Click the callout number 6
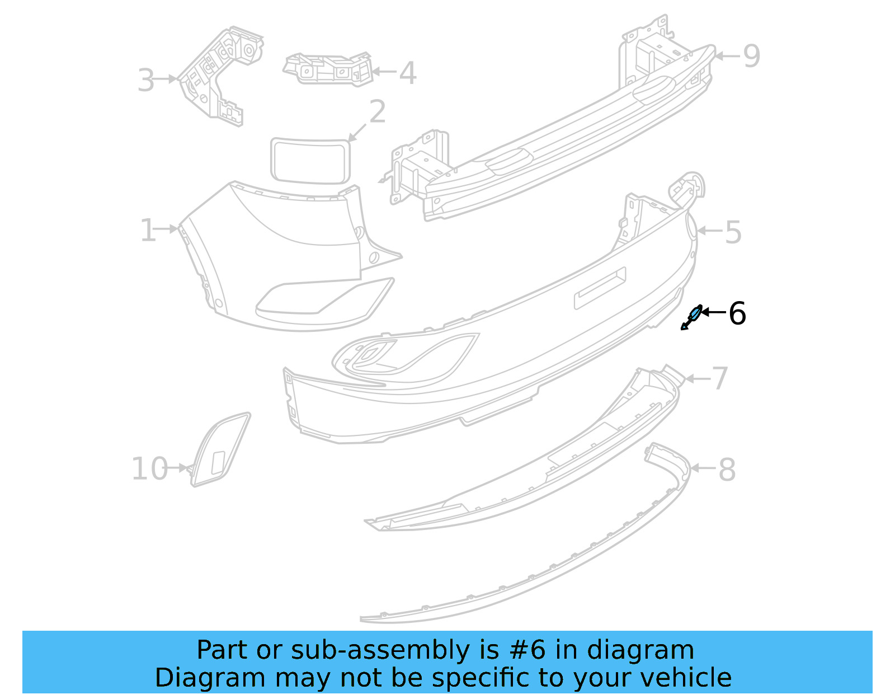(737, 313)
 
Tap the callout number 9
(751, 56)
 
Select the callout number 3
(145, 80)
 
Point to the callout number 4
(408, 73)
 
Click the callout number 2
(378, 112)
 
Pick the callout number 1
(148, 231)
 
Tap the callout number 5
(733, 232)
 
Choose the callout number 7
(720, 379)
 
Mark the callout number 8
(727, 470)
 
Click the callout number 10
(149, 469)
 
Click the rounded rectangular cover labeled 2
(310, 160)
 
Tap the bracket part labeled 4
(329, 69)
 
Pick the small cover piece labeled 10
(219, 451)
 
